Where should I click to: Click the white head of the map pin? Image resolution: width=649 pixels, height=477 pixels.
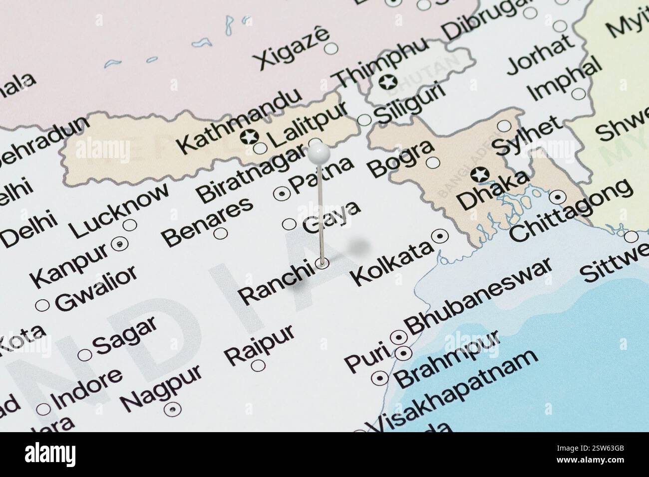point(318,153)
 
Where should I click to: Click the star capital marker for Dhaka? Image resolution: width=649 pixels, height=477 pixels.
point(480,174)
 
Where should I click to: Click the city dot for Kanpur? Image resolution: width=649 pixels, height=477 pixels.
point(120,244)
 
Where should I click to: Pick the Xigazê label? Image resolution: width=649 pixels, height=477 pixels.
point(292,47)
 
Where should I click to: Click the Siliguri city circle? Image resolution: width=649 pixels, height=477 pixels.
point(365,120)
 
